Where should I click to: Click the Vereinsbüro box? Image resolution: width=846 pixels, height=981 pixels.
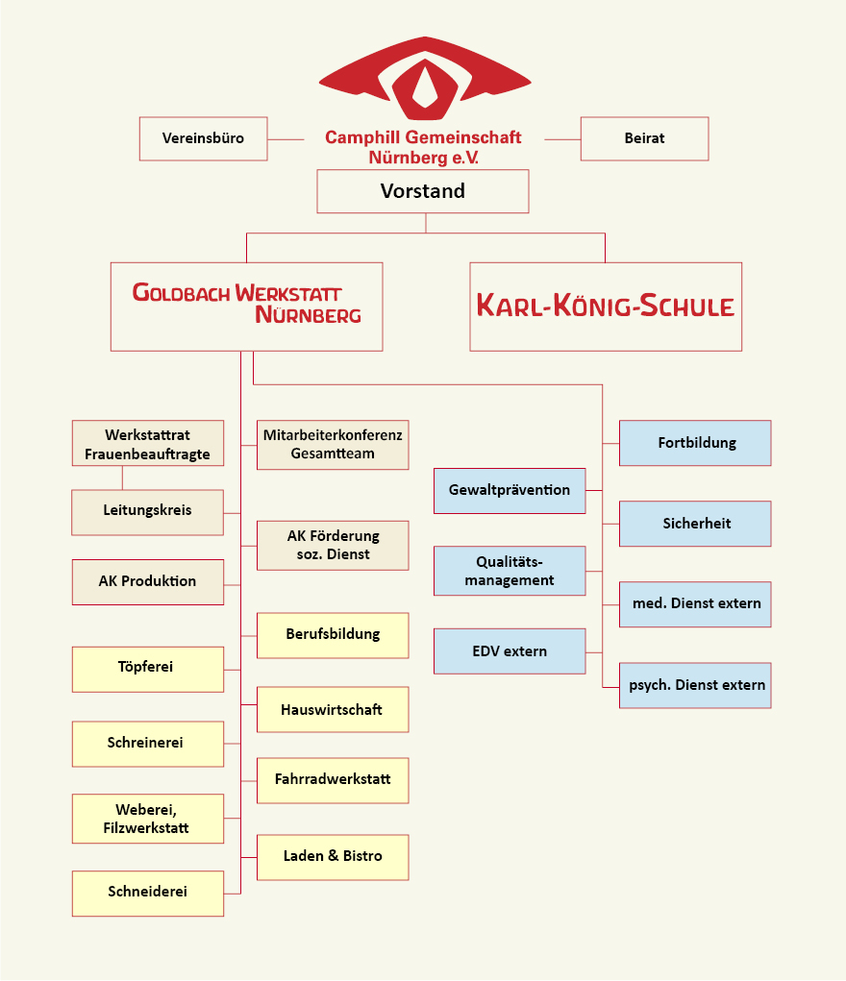coord(204,138)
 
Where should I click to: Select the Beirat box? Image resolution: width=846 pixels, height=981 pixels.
coord(644,138)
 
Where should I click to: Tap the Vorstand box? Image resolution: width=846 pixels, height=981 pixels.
coord(423,191)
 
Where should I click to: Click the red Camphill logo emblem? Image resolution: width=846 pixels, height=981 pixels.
coord(425,78)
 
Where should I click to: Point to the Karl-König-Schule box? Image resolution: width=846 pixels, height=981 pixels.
coord(606,307)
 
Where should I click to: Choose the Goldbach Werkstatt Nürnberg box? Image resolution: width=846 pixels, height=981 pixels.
coord(247,307)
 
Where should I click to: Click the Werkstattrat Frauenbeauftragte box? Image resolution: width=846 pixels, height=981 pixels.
coord(148,443)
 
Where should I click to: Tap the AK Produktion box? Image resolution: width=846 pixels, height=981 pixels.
coord(148,582)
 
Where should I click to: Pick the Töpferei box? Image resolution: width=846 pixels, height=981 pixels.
coord(148,669)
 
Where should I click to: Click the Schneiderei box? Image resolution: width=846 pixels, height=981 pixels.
coord(148,894)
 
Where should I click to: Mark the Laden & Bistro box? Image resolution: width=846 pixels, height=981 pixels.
coord(333,857)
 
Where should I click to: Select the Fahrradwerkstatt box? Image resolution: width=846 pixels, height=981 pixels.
coord(333,780)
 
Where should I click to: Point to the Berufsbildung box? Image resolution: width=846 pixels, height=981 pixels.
coord(333,635)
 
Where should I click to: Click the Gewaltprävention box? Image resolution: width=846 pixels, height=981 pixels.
coord(510,490)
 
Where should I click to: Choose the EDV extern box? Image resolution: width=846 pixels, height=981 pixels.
coord(510,650)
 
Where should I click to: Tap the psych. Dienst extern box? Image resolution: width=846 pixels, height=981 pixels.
coord(695,685)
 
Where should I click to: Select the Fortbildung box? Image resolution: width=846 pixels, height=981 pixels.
coord(695,443)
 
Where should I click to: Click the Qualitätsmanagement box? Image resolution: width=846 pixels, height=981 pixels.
coord(510,571)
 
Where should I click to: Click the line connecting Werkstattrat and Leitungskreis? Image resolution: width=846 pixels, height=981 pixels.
coord(122,478)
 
